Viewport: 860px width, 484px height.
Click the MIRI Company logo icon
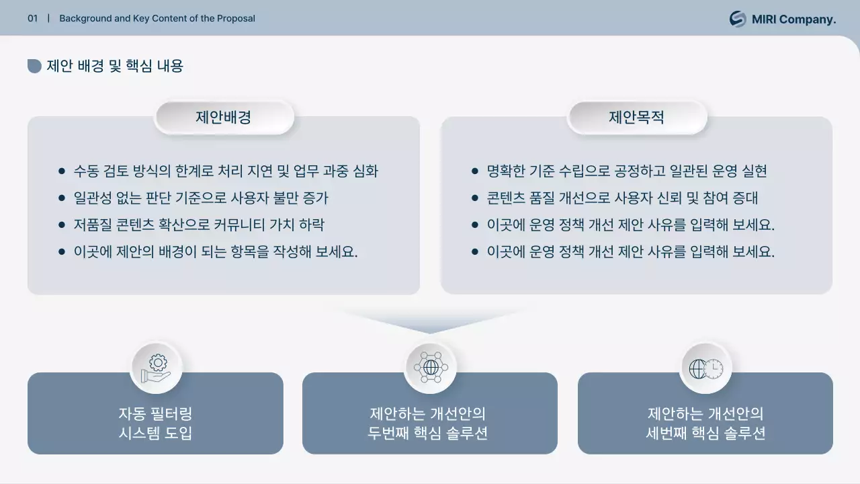[x=738, y=19]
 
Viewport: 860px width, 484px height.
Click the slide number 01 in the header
[x=32, y=19]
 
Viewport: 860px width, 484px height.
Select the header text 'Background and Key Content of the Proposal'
[x=157, y=19]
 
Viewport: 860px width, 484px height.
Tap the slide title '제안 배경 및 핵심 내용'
[x=115, y=66]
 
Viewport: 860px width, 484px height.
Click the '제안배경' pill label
[x=224, y=118]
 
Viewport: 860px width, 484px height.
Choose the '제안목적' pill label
[x=637, y=118]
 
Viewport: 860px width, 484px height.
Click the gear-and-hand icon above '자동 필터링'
[x=156, y=368]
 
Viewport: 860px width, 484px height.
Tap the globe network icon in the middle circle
[x=430, y=368]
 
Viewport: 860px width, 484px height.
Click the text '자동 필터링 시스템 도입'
[x=155, y=423]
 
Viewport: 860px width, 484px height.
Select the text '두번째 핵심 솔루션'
[x=428, y=433]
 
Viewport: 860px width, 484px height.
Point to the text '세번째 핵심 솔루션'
[x=705, y=433]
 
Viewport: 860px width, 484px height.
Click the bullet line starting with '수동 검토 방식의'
[x=226, y=171]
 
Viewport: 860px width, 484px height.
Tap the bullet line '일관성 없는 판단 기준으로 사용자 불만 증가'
[x=201, y=198]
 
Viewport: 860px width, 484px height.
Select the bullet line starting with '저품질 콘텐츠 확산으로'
[x=199, y=225]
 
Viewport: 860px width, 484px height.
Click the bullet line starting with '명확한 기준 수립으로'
[x=626, y=171]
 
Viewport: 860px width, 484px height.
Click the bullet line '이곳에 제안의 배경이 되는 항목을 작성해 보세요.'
[x=216, y=252]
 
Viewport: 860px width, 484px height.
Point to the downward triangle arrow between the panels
[x=430, y=321]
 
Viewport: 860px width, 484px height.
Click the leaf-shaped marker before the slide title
[x=34, y=66]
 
